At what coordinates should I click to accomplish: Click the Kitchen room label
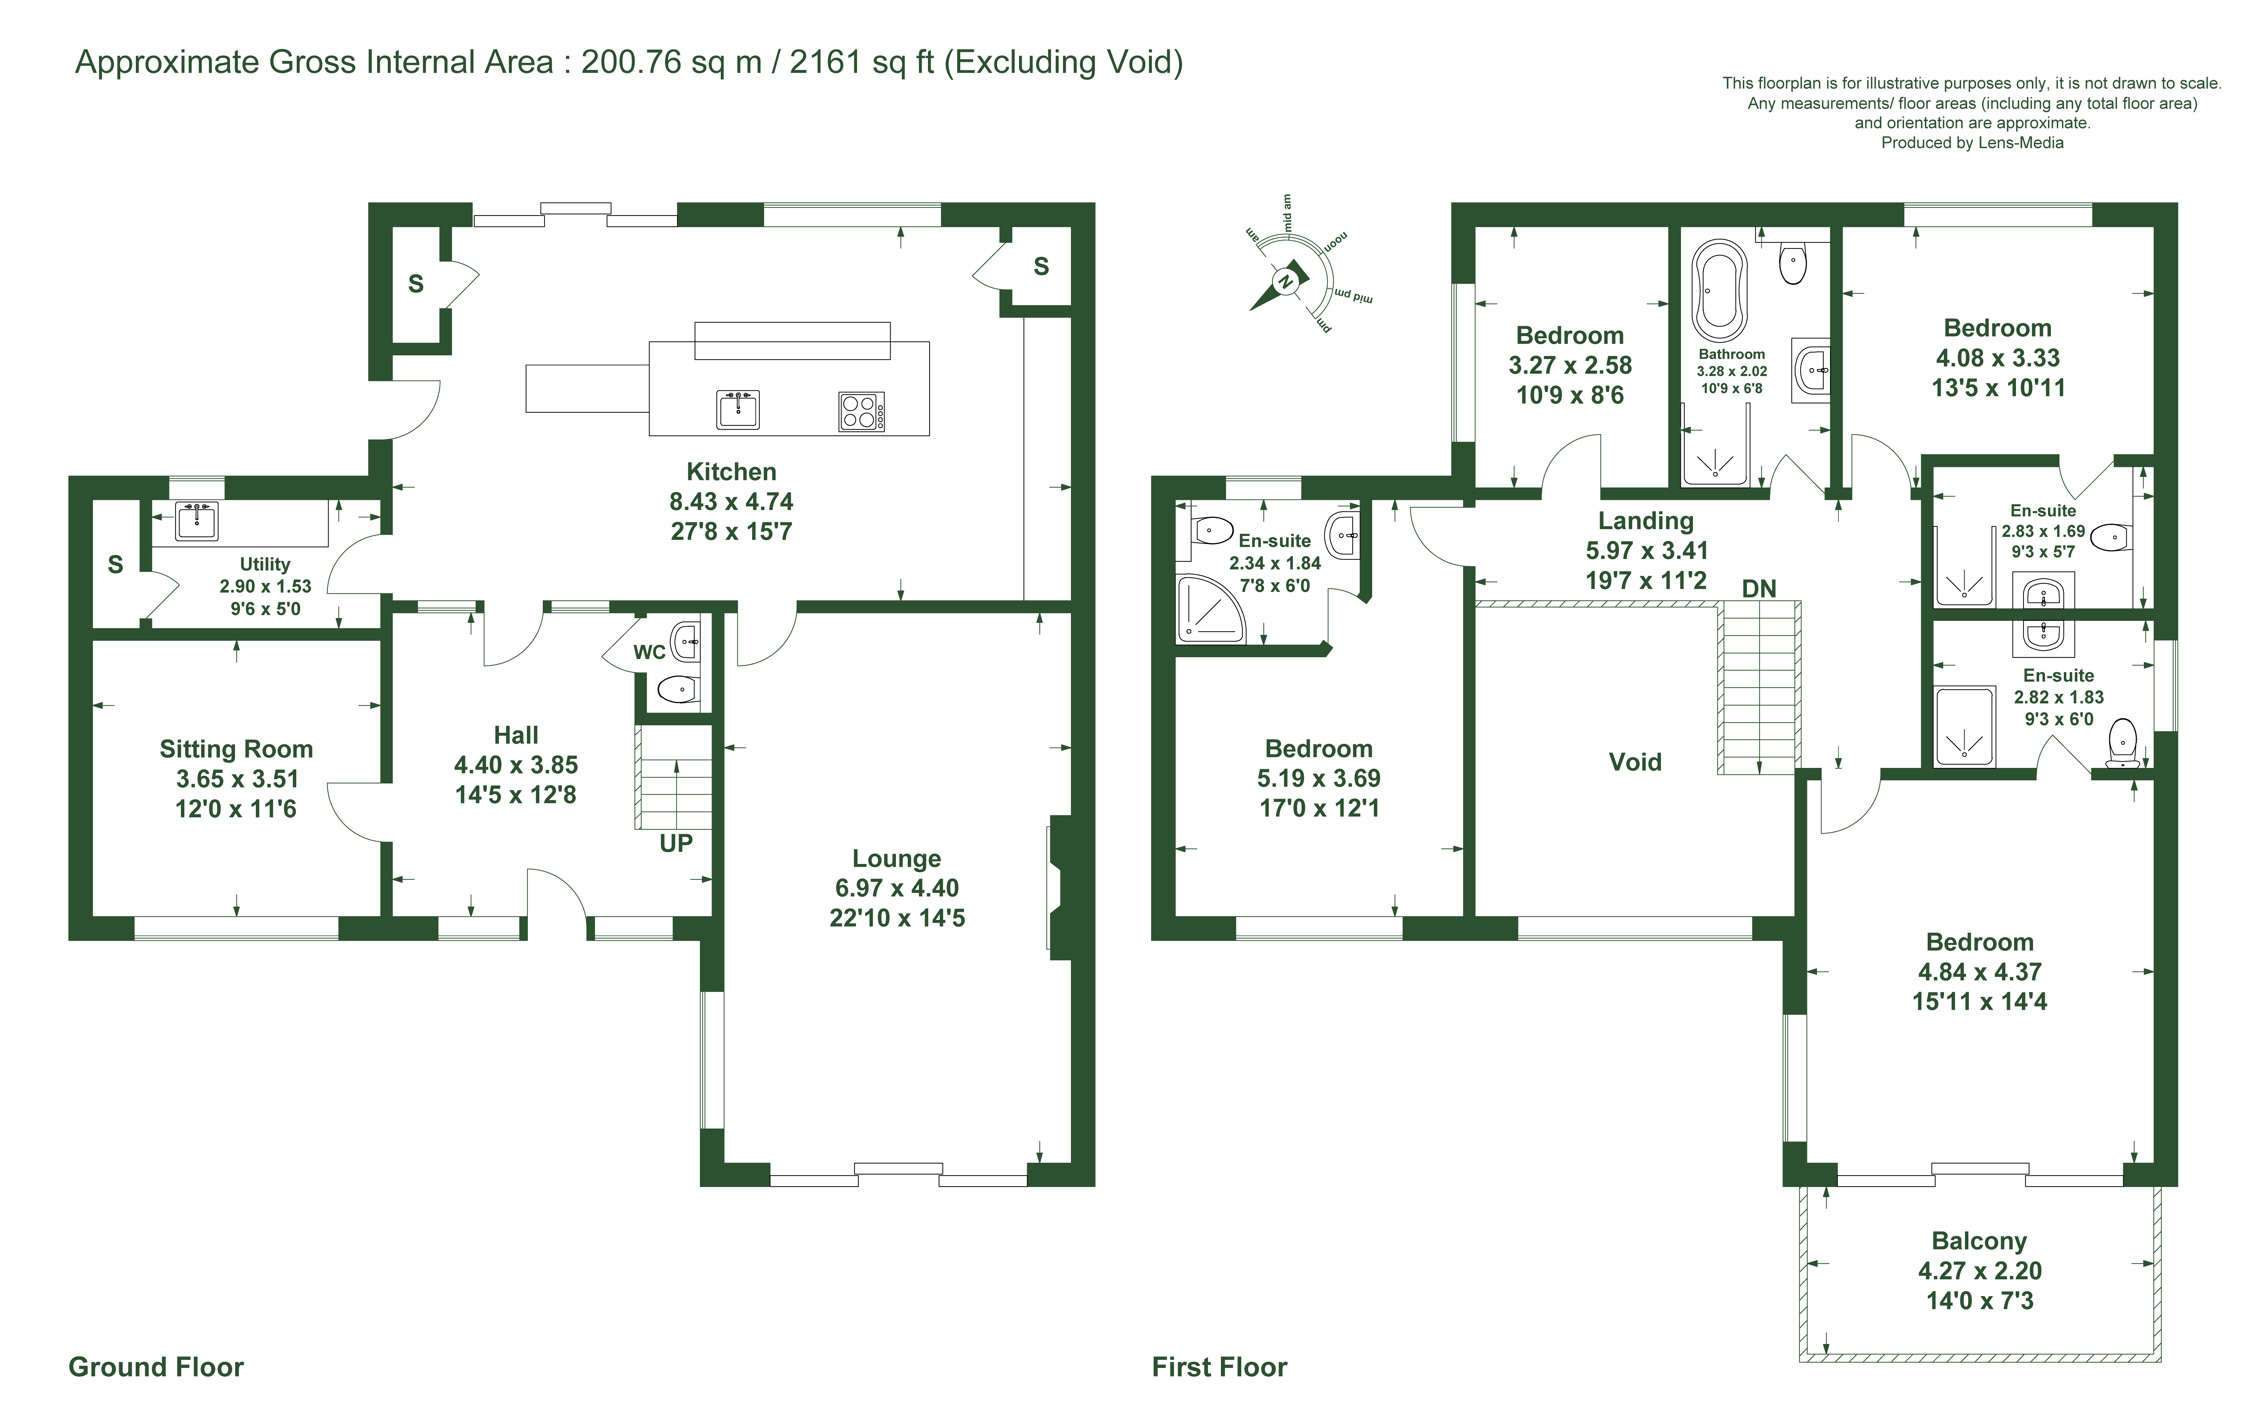click(731, 472)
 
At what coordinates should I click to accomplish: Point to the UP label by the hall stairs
click(676, 844)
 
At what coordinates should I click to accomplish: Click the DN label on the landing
click(1759, 589)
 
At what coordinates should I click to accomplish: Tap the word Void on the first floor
click(1635, 762)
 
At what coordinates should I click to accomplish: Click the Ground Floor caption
click(156, 1367)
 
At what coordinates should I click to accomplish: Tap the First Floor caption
click(1219, 1367)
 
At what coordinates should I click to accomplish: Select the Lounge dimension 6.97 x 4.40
click(897, 888)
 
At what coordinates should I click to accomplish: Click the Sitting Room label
click(236, 749)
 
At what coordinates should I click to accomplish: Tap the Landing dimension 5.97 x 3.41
click(1646, 551)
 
